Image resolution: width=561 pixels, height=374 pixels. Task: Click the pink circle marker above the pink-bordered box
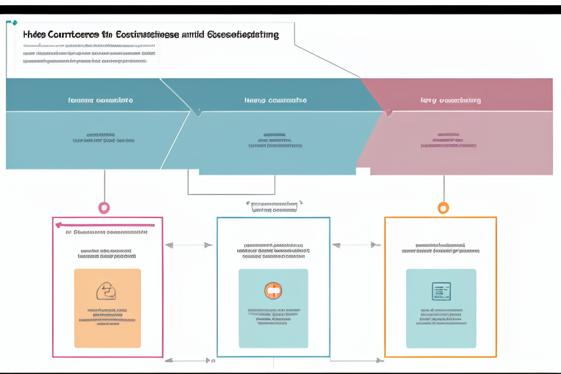[x=104, y=207]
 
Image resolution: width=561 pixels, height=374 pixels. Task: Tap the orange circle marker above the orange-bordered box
[x=443, y=207]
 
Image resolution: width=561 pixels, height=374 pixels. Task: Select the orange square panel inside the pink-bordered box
[x=107, y=308]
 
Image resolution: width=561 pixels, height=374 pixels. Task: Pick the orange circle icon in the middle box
[x=273, y=290]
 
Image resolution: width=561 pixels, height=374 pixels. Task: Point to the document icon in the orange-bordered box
[x=441, y=291]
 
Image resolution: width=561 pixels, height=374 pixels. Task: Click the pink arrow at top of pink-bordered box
[x=106, y=225]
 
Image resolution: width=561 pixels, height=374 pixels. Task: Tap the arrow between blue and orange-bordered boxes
[x=357, y=245]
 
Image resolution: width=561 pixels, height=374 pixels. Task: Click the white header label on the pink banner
[x=451, y=100]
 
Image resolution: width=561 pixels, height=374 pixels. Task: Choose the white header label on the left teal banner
[x=101, y=100]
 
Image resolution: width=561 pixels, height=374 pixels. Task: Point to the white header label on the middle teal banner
[x=275, y=100]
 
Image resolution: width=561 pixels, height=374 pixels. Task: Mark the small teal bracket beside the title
[x=12, y=23]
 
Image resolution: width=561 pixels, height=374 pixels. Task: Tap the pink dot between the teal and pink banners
[x=389, y=112]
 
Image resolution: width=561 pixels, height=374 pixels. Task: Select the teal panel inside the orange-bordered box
[x=441, y=308]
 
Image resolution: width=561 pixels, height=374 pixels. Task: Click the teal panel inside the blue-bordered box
[x=273, y=308]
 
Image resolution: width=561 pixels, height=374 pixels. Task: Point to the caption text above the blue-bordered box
[x=274, y=207]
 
